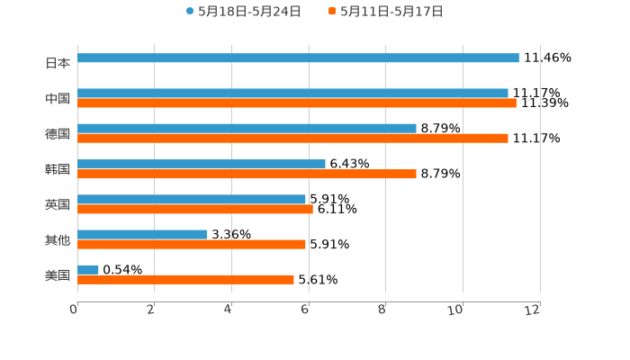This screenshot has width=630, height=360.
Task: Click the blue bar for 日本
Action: [298, 58]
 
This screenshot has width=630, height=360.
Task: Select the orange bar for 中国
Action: [297, 103]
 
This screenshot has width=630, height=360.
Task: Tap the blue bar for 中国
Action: [292, 93]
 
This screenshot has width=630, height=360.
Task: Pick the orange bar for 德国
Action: [292, 139]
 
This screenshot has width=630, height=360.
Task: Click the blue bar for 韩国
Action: [202, 164]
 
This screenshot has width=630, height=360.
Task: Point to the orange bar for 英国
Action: [195, 209]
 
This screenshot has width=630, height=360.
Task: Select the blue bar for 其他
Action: [142, 234]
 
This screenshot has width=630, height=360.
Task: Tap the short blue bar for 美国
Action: [88, 269]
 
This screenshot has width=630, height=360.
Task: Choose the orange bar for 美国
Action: [185, 280]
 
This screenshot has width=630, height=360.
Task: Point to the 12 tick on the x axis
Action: [533, 310]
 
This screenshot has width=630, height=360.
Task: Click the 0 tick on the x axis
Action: [74, 310]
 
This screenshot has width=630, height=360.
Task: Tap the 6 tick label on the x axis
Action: [306, 310]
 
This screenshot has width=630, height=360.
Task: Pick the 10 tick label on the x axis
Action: [455, 310]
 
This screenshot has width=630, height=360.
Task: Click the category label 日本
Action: [58, 63]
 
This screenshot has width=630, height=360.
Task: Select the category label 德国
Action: [58, 133]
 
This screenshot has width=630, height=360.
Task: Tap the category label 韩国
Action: [58, 169]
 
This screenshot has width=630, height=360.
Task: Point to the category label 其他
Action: [58, 239]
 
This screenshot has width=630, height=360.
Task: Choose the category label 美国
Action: [58, 274]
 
